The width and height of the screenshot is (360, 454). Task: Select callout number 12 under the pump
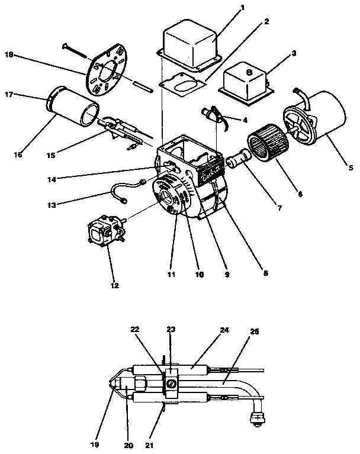pos(115,285)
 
